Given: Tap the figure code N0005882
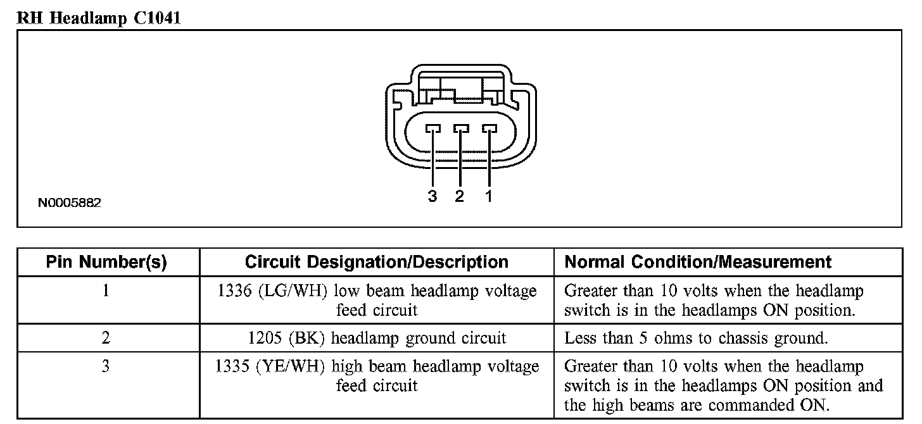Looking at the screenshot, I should pos(69,203).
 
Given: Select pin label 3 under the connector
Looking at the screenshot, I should pos(433,196).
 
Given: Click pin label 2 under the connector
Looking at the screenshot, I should pos(460,196).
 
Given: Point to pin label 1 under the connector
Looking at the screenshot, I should pos(488,196).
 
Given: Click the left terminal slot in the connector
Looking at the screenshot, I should pos(433,128).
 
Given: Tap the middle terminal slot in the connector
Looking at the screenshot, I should pos(460,128).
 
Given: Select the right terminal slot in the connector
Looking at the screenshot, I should pos(488,128).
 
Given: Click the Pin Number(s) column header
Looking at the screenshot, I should pos(106,262).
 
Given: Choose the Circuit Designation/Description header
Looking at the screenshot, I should pos(376,262).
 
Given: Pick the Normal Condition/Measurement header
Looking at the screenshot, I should pos(698,262).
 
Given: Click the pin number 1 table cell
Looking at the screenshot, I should pos(106,291).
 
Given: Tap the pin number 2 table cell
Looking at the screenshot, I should pos(106,339).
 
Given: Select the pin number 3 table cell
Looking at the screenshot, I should pos(106,366).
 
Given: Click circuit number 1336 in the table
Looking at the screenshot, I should pos(234,291).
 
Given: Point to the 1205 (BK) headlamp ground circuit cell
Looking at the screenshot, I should pos(377,339).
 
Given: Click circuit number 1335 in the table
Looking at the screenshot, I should pos(232,366).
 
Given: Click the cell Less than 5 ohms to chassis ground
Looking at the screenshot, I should pos(695,339).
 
